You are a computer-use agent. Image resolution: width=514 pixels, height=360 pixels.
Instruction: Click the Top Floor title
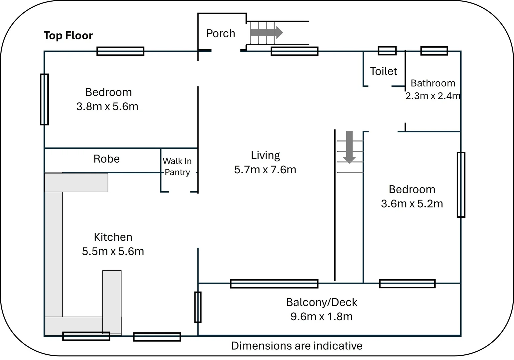68,35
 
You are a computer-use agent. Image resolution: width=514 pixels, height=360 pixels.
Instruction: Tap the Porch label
220,33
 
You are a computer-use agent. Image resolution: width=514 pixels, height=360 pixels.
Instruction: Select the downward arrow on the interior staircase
349,147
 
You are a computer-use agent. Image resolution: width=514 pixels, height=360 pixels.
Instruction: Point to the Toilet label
384,71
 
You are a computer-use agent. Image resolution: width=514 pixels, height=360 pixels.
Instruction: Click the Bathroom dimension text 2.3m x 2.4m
433,96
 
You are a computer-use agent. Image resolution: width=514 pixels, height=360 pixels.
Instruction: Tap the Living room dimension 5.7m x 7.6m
265,170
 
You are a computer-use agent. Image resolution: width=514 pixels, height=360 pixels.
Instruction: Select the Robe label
106,159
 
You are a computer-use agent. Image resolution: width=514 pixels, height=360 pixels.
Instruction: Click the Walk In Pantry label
177,166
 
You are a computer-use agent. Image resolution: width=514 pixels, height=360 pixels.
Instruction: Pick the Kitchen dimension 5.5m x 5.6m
113,251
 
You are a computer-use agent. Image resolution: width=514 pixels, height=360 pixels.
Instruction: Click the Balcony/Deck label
322,302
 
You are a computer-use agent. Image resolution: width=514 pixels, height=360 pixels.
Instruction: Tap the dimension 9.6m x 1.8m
322,316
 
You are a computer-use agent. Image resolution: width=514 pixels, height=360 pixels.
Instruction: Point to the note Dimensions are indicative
297,346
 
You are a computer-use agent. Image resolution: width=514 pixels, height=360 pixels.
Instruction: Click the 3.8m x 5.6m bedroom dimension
107,106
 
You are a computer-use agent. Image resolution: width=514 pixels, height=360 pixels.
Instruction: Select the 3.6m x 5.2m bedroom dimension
412,203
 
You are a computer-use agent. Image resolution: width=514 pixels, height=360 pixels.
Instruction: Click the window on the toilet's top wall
387,51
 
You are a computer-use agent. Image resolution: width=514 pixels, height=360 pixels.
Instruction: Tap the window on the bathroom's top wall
434,51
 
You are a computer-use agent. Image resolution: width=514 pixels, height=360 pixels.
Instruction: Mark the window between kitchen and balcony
198,307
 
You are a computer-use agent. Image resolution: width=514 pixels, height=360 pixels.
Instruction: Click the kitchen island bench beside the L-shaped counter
112,302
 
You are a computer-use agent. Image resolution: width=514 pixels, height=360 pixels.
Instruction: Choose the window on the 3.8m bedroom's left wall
44,99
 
